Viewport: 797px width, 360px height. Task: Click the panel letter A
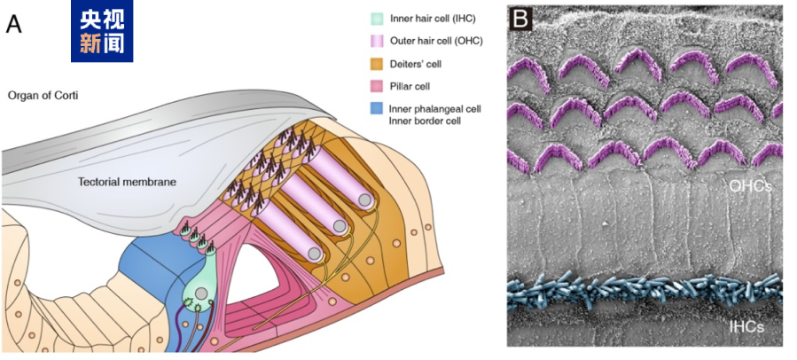click(14, 24)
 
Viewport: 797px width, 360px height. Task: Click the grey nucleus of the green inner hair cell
click(202, 293)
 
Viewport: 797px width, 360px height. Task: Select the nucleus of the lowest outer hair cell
click(314, 253)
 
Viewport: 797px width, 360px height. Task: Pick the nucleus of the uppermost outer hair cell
click(364, 202)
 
